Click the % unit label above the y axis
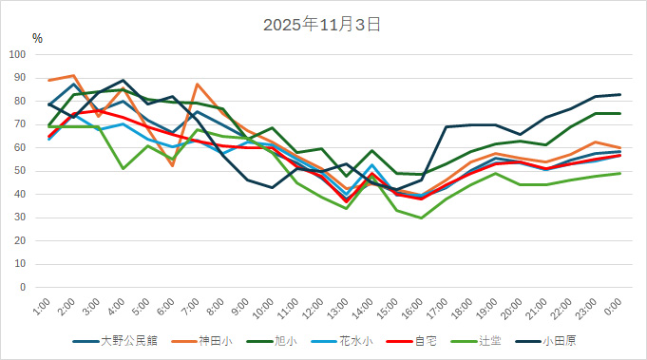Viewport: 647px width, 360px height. pos(37,39)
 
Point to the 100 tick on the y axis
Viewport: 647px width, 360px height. pos(18,54)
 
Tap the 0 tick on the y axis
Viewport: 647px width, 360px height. pos(24,287)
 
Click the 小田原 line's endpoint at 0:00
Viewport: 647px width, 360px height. pos(620,95)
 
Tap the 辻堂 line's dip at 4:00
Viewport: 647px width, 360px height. pos(124,168)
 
